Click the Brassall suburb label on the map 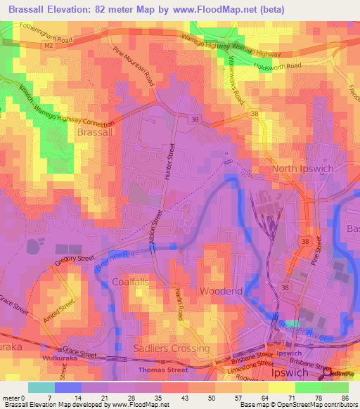coord(94,131)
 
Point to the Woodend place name coord(221,291)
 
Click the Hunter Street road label coord(169,164)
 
